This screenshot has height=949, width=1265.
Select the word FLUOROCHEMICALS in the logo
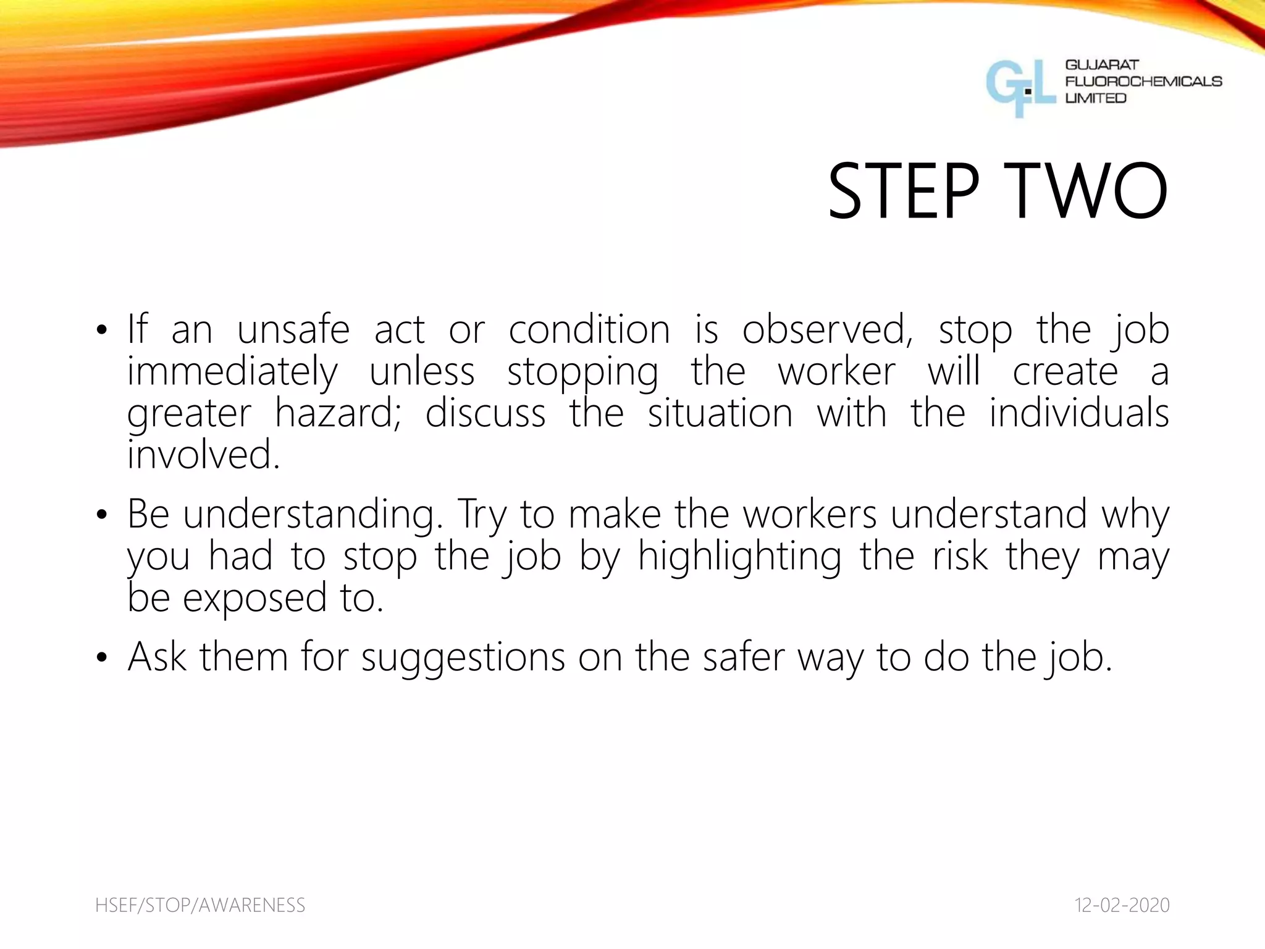click(1143, 82)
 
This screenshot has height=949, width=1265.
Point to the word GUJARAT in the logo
click(1102, 65)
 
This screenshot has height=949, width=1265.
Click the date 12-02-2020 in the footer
click(1122, 905)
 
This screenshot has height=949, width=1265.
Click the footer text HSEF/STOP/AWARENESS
click(200, 905)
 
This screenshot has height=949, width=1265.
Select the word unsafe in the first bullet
click(293, 329)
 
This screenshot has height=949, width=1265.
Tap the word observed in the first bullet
click(827, 329)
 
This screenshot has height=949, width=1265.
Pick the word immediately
click(232, 372)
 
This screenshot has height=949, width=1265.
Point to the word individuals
click(1079, 413)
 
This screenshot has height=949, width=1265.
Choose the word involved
click(203, 454)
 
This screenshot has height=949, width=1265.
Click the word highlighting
click(739, 556)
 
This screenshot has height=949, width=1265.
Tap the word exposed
click(254, 598)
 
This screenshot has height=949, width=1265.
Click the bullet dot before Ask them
click(101, 659)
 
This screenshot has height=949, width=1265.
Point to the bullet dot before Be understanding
click(101, 515)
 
